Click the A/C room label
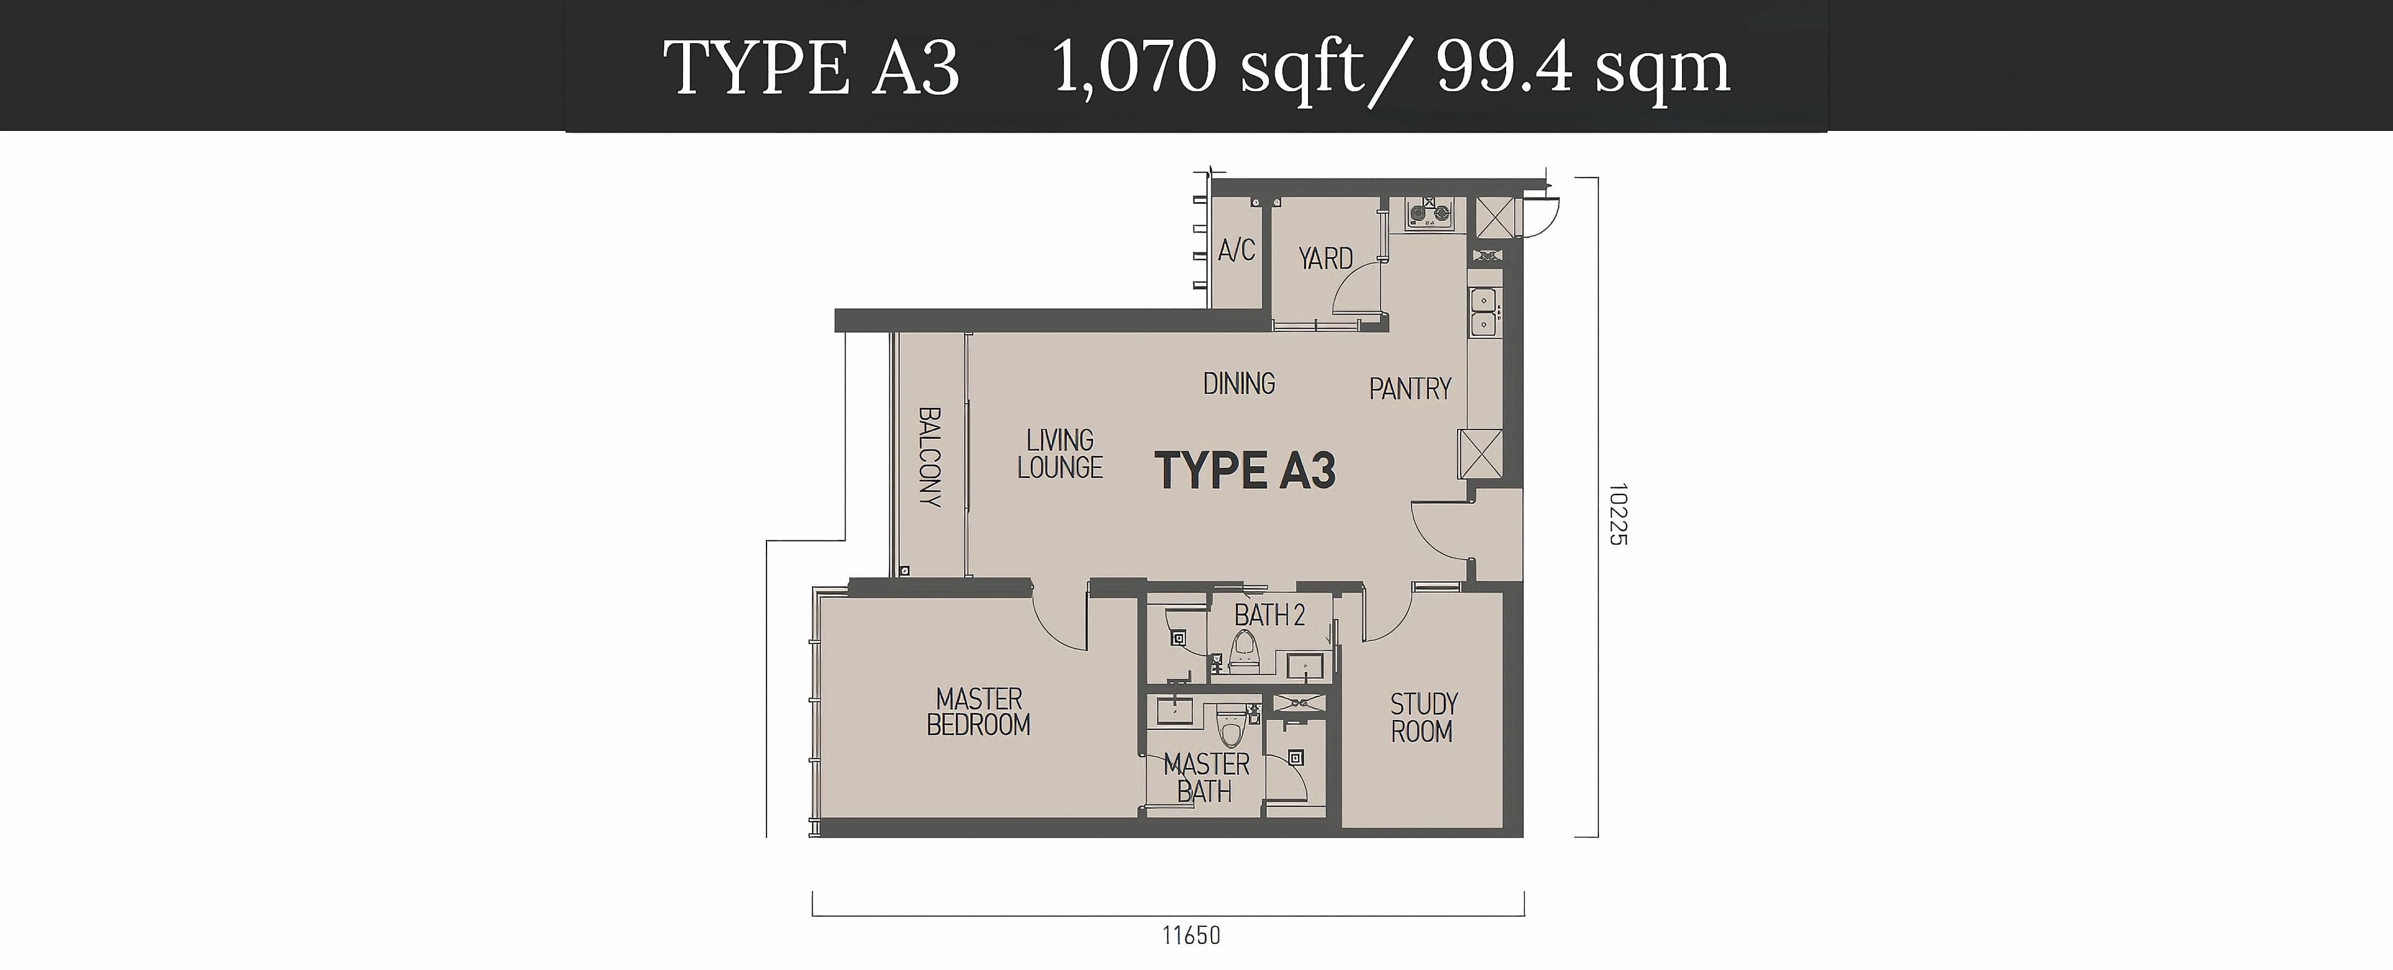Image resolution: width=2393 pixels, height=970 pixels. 1236,250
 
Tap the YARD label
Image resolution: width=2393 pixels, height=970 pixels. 1325,258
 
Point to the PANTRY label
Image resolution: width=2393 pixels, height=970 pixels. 1410,388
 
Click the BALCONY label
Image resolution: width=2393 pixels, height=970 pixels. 930,456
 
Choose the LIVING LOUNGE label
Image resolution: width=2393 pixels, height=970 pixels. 1060,453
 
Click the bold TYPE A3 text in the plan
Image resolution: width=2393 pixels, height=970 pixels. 1245,470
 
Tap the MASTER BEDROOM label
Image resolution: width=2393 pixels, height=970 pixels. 979,712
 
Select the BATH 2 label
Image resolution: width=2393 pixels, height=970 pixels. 1270,615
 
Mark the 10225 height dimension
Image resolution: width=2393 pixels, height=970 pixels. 1618,514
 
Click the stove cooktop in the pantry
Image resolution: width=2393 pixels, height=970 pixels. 1430,214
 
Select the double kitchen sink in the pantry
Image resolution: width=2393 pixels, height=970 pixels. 1482,312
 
